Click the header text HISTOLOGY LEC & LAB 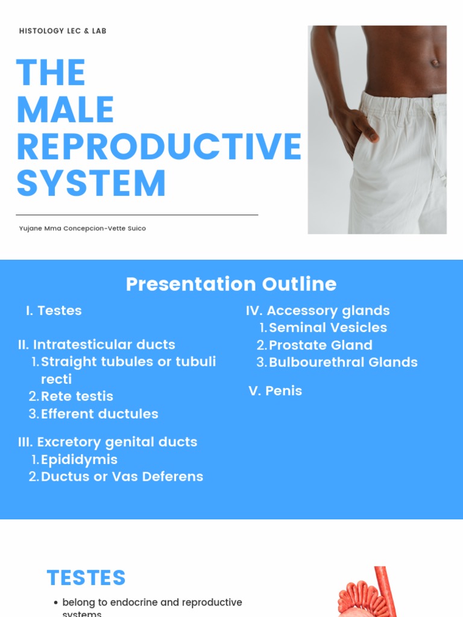(63, 31)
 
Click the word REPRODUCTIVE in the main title (159, 146)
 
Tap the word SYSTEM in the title (91, 183)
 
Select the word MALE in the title (65, 110)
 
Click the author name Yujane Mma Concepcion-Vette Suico (83, 228)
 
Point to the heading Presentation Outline (231, 284)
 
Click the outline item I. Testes (54, 310)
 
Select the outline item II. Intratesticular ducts (96, 345)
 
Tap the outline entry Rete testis (77, 396)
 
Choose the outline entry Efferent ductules (99, 414)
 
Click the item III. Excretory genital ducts (108, 442)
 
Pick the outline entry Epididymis (79, 459)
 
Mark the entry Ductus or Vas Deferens (122, 477)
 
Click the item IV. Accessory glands (318, 310)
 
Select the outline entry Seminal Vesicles (328, 328)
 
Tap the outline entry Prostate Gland (320, 345)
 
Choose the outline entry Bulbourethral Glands (343, 362)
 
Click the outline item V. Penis (276, 390)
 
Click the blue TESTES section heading (86, 578)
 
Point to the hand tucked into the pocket (361, 127)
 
